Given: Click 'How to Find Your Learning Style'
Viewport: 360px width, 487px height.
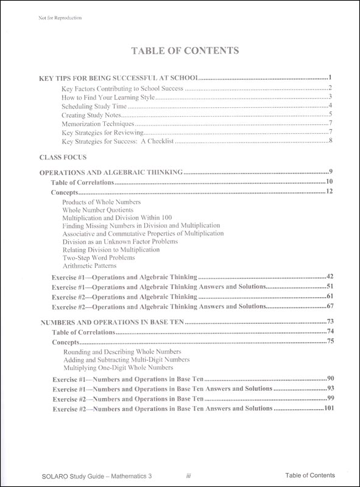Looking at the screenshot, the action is [x=108, y=97].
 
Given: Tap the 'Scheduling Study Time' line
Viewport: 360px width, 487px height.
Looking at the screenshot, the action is [x=92, y=106].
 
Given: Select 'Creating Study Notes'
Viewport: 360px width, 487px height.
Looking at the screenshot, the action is [x=90, y=114].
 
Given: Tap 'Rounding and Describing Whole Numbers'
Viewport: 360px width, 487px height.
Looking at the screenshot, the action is [x=121, y=352].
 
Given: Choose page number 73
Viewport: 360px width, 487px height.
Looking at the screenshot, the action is [x=330, y=321].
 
